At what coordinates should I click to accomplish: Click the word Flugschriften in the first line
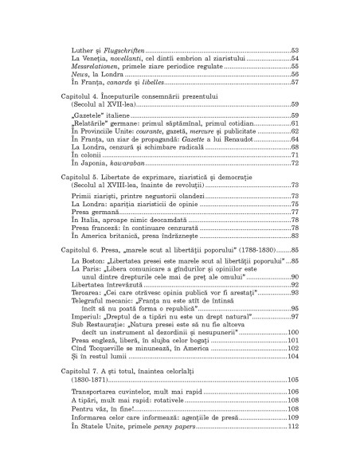[119, 50]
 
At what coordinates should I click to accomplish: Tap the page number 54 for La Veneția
[294, 59]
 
